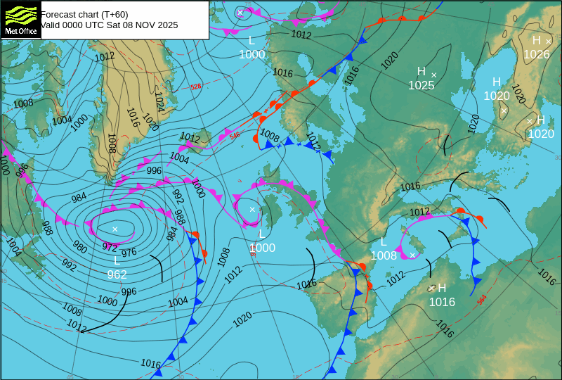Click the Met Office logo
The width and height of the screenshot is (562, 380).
pos(20,20)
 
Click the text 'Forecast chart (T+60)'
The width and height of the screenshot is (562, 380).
pos(84,14)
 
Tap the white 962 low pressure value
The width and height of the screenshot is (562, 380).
pos(117,274)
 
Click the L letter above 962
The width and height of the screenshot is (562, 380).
pos(117,260)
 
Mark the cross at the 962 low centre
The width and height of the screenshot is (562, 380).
pos(115,229)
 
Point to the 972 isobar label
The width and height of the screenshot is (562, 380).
pos(110,247)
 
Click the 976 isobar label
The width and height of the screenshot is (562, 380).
pos(129,253)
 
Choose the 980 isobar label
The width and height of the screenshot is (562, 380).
pos(80,248)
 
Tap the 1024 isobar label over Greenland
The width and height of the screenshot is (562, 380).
pos(159,102)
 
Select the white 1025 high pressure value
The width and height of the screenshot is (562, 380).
pos(421,86)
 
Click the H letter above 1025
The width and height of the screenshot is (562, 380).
pos(421,71)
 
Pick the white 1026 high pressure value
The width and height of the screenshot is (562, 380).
pos(537,54)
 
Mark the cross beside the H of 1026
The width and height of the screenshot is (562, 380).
pos(549,42)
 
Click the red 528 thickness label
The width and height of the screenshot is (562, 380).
pos(195,87)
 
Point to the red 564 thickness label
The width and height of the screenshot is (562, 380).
pos(481,299)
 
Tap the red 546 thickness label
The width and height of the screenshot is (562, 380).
pos(234,135)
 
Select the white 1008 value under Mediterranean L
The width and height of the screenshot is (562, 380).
pos(384,255)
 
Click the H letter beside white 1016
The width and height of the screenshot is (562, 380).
pos(442,288)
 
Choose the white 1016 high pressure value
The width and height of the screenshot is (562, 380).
pos(442,302)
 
